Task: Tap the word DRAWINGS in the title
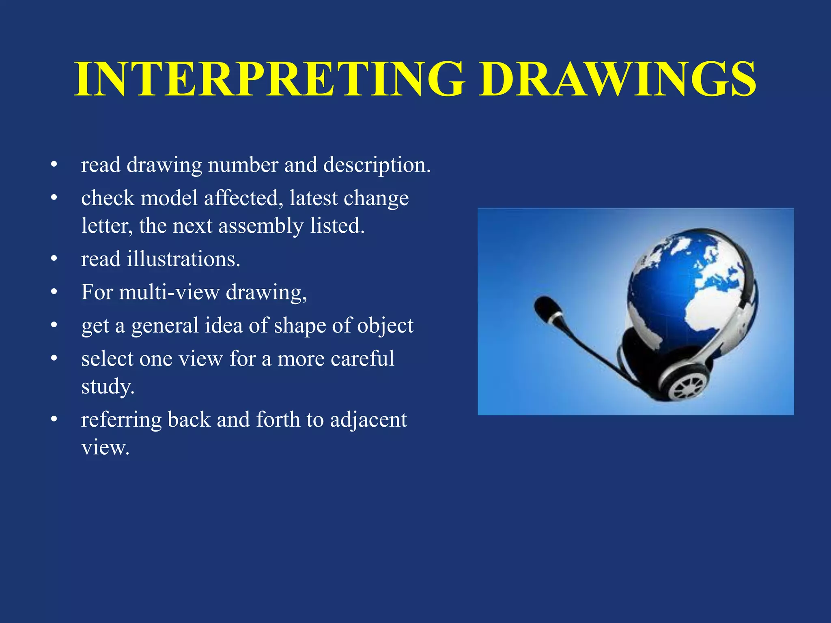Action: pyautogui.click(x=617, y=79)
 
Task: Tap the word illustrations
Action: pyautogui.click(x=183, y=259)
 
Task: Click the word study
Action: pyautogui.click(x=108, y=387)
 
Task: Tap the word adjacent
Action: pyautogui.click(x=368, y=420)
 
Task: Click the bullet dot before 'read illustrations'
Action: pyautogui.click(x=54, y=259)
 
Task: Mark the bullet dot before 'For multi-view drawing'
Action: pyautogui.click(x=54, y=292)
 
